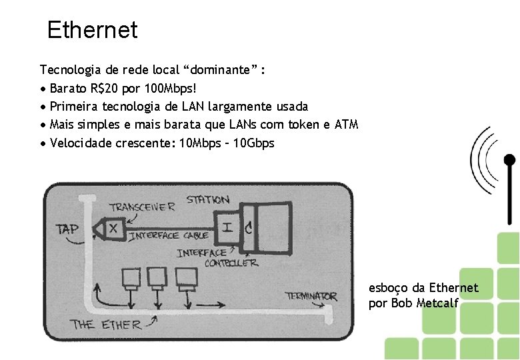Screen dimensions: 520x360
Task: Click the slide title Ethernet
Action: [92, 30]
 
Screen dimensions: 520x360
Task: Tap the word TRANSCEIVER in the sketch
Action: [142, 207]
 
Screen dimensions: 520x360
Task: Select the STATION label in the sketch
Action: [207, 199]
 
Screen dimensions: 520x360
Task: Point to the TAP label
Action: [67, 229]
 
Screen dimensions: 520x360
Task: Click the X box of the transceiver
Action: [113, 228]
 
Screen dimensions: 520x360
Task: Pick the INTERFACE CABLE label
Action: [169, 235]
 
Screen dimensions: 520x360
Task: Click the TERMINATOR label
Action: [311, 295]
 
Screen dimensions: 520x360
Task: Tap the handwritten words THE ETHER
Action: [106, 325]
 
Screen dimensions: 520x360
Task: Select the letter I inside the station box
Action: [227, 227]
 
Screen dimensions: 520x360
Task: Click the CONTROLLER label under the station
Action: [231, 263]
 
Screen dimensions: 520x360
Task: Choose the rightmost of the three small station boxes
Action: [181, 277]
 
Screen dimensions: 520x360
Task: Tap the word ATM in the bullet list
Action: [346, 125]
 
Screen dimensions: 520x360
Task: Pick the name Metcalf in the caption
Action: [438, 303]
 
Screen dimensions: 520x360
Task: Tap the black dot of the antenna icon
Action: [509, 160]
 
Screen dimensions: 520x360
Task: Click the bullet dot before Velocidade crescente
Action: [43, 144]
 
